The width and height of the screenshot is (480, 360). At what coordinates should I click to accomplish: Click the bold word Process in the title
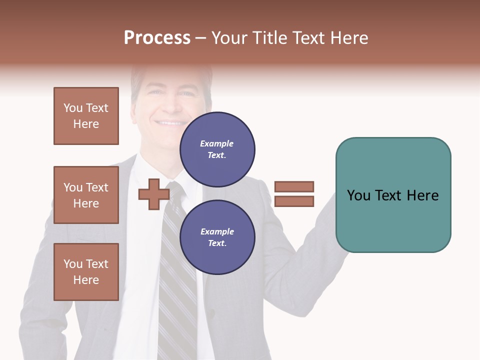(x=157, y=38)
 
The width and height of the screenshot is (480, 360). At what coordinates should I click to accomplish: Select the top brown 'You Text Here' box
(x=86, y=116)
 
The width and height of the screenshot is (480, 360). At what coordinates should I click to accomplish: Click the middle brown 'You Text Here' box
(x=86, y=195)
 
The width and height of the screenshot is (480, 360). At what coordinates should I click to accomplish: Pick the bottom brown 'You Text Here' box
(x=86, y=272)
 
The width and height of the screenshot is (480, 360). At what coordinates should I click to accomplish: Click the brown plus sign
(x=153, y=194)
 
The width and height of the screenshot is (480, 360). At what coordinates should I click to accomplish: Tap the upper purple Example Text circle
(x=217, y=149)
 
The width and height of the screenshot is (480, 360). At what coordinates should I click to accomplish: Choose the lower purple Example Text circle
(x=217, y=237)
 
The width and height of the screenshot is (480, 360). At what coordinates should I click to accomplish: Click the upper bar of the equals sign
(x=294, y=186)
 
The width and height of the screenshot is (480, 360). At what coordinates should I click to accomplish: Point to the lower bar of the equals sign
(x=294, y=201)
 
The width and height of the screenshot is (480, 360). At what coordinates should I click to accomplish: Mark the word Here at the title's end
(x=348, y=38)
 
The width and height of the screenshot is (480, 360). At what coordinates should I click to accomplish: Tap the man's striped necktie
(x=177, y=280)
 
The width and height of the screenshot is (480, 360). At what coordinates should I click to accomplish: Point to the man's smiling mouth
(x=170, y=122)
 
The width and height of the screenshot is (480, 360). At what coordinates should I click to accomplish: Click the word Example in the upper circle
(x=217, y=143)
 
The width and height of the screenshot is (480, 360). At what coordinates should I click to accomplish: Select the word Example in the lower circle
(x=217, y=231)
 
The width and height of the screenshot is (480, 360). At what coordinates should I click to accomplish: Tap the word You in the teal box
(x=359, y=195)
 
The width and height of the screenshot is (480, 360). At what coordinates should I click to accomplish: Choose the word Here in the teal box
(x=422, y=195)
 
